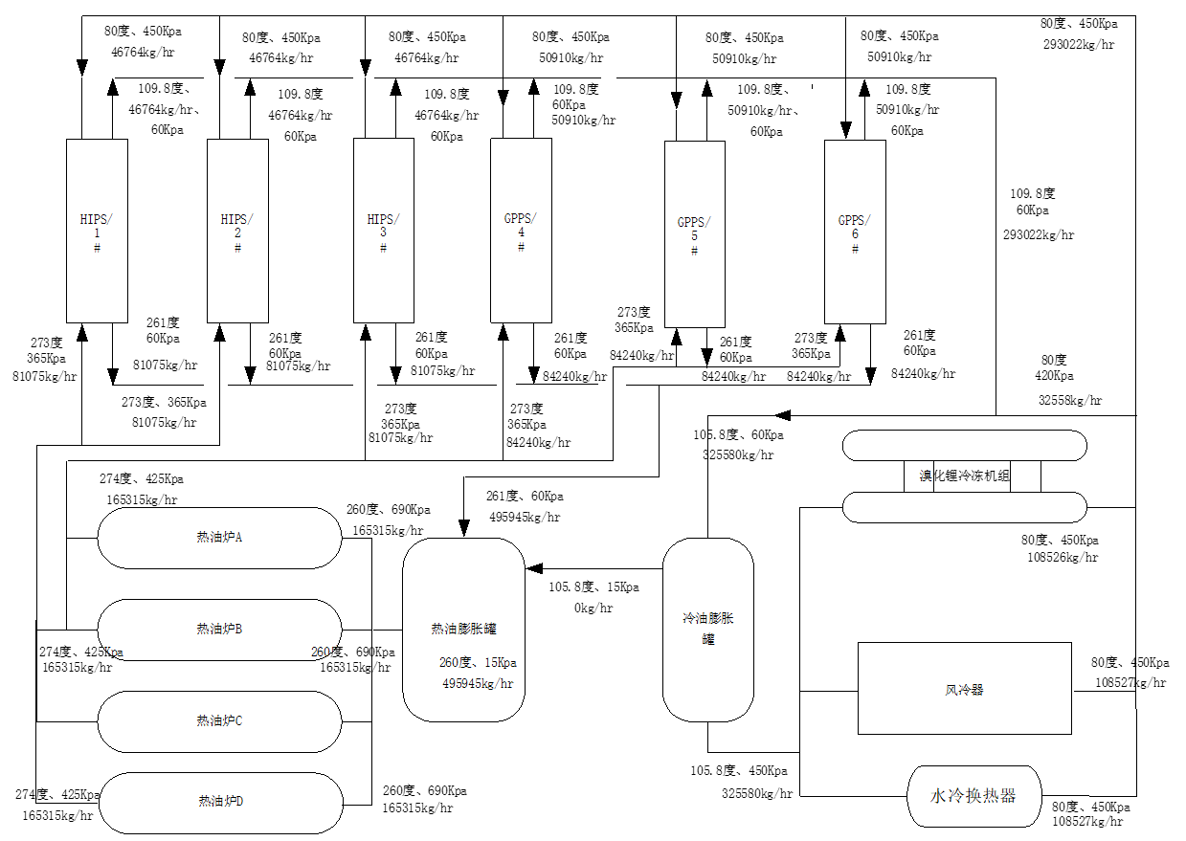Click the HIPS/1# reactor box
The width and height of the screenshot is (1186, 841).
point(97,231)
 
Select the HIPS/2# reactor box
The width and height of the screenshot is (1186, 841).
point(237,231)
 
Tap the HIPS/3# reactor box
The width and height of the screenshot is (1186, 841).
point(383,231)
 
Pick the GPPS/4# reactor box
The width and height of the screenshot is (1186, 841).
point(521,231)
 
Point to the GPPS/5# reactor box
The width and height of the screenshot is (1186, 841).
point(694,234)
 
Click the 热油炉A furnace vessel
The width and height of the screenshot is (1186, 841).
point(219,538)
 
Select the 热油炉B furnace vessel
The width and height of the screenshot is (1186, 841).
point(219,629)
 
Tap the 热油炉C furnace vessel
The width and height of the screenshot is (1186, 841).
point(219,720)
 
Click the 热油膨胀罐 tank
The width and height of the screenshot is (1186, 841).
point(463,630)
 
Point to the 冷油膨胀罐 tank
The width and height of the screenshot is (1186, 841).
point(707,628)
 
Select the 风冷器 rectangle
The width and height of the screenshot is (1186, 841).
point(964,689)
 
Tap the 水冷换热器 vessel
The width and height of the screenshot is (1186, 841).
point(973,796)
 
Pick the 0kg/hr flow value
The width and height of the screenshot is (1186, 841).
point(593,608)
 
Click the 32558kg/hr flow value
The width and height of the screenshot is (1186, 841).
point(1070,401)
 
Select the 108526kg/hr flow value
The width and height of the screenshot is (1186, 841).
point(1063,557)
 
